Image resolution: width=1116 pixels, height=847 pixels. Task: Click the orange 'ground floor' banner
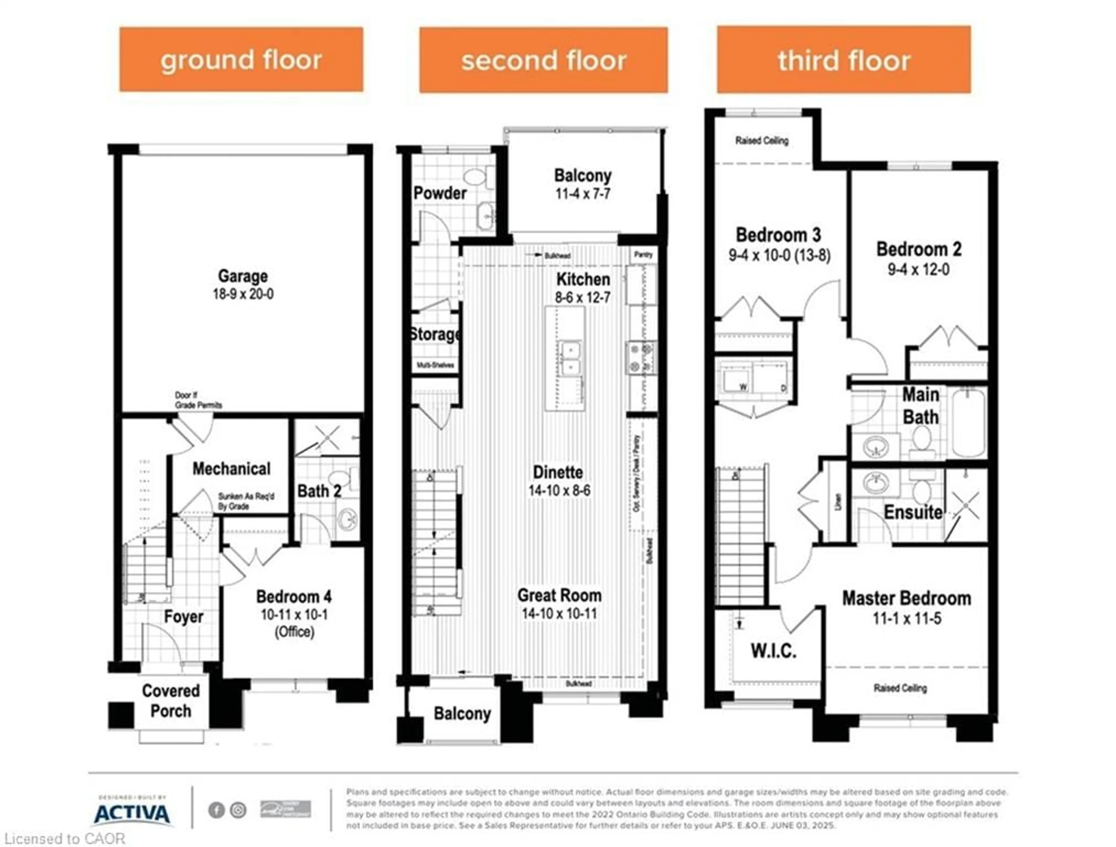[241, 60]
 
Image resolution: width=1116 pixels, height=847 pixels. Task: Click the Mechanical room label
[232, 469]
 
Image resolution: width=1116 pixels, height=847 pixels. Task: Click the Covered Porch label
[171, 701]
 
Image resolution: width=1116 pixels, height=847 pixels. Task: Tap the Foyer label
[184, 617]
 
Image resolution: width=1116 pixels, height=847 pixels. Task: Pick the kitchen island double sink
[569, 357]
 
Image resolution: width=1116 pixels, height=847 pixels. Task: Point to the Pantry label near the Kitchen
[643, 255]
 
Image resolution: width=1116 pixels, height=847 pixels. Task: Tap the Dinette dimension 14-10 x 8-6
[559, 490]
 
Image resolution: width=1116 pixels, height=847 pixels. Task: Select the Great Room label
[559, 595]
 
